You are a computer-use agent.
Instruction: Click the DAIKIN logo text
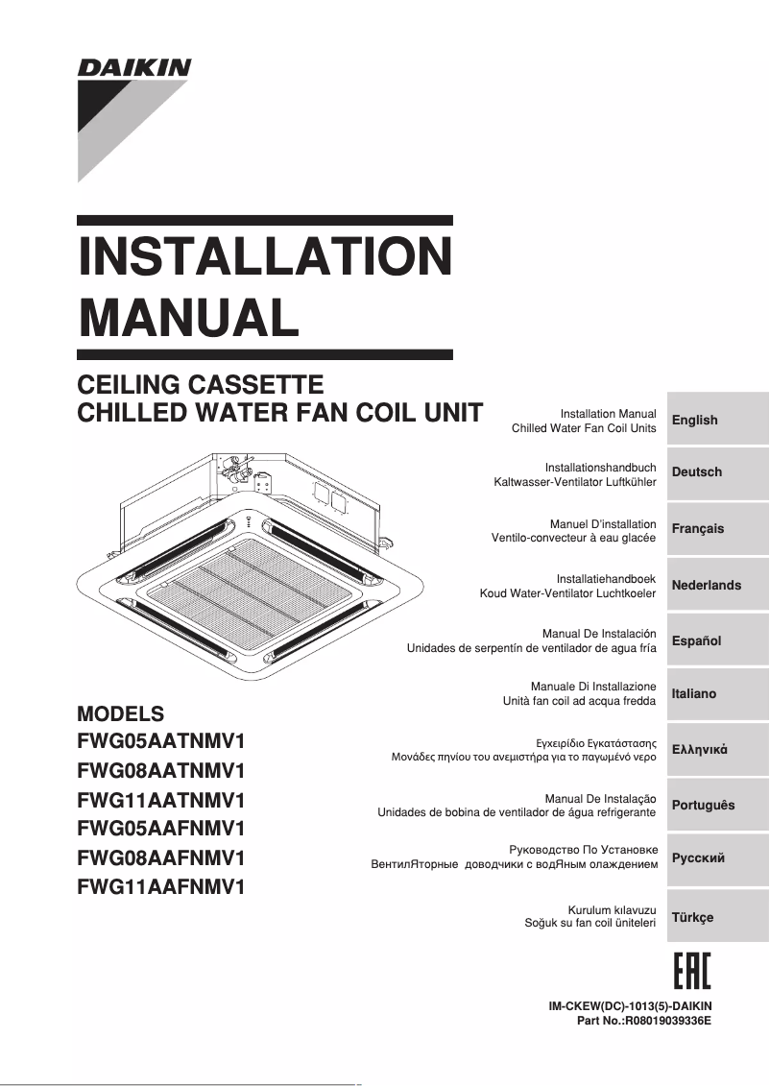(134, 68)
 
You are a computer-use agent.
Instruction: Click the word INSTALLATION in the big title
(264, 256)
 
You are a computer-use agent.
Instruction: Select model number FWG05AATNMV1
(161, 741)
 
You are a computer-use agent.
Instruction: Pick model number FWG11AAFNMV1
(161, 887)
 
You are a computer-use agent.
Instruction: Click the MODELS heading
(120, 714)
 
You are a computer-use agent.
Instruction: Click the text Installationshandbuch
(600, 467)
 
